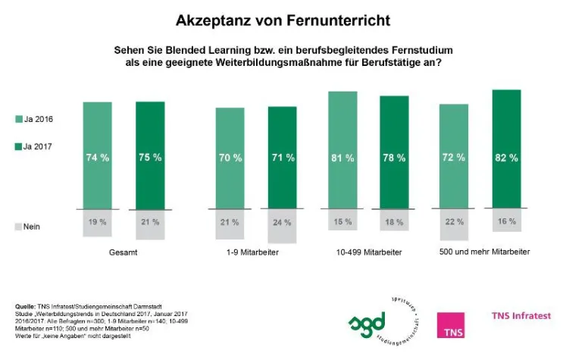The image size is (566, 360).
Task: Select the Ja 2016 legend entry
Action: [x=33, y=119]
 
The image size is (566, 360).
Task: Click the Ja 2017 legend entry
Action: [x=33, y=146]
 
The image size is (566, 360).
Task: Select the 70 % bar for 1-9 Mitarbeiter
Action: [x=230, y=158]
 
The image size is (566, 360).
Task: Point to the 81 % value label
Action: [x=342, y=158]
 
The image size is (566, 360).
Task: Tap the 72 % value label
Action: [x=453, y=158]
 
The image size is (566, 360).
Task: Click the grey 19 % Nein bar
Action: [x=98, y=222]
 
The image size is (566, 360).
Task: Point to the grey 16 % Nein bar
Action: [x=506, y=221]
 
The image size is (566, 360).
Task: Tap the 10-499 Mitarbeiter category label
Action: [x=367, y=251]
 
